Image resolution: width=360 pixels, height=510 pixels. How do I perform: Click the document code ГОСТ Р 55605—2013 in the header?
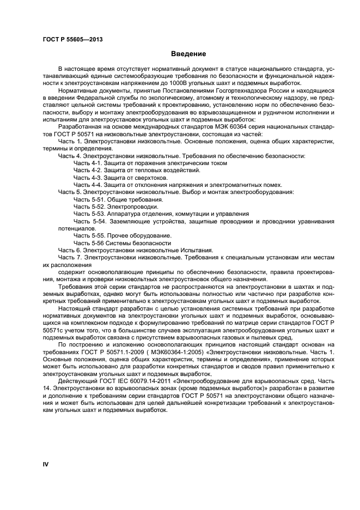pos(72,40)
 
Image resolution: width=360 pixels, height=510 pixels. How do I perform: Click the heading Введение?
pos(188,54)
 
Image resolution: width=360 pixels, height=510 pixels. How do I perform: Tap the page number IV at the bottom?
pos(46,464)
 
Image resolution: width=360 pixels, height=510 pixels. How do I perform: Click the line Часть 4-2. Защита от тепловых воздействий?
pos(137,170)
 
